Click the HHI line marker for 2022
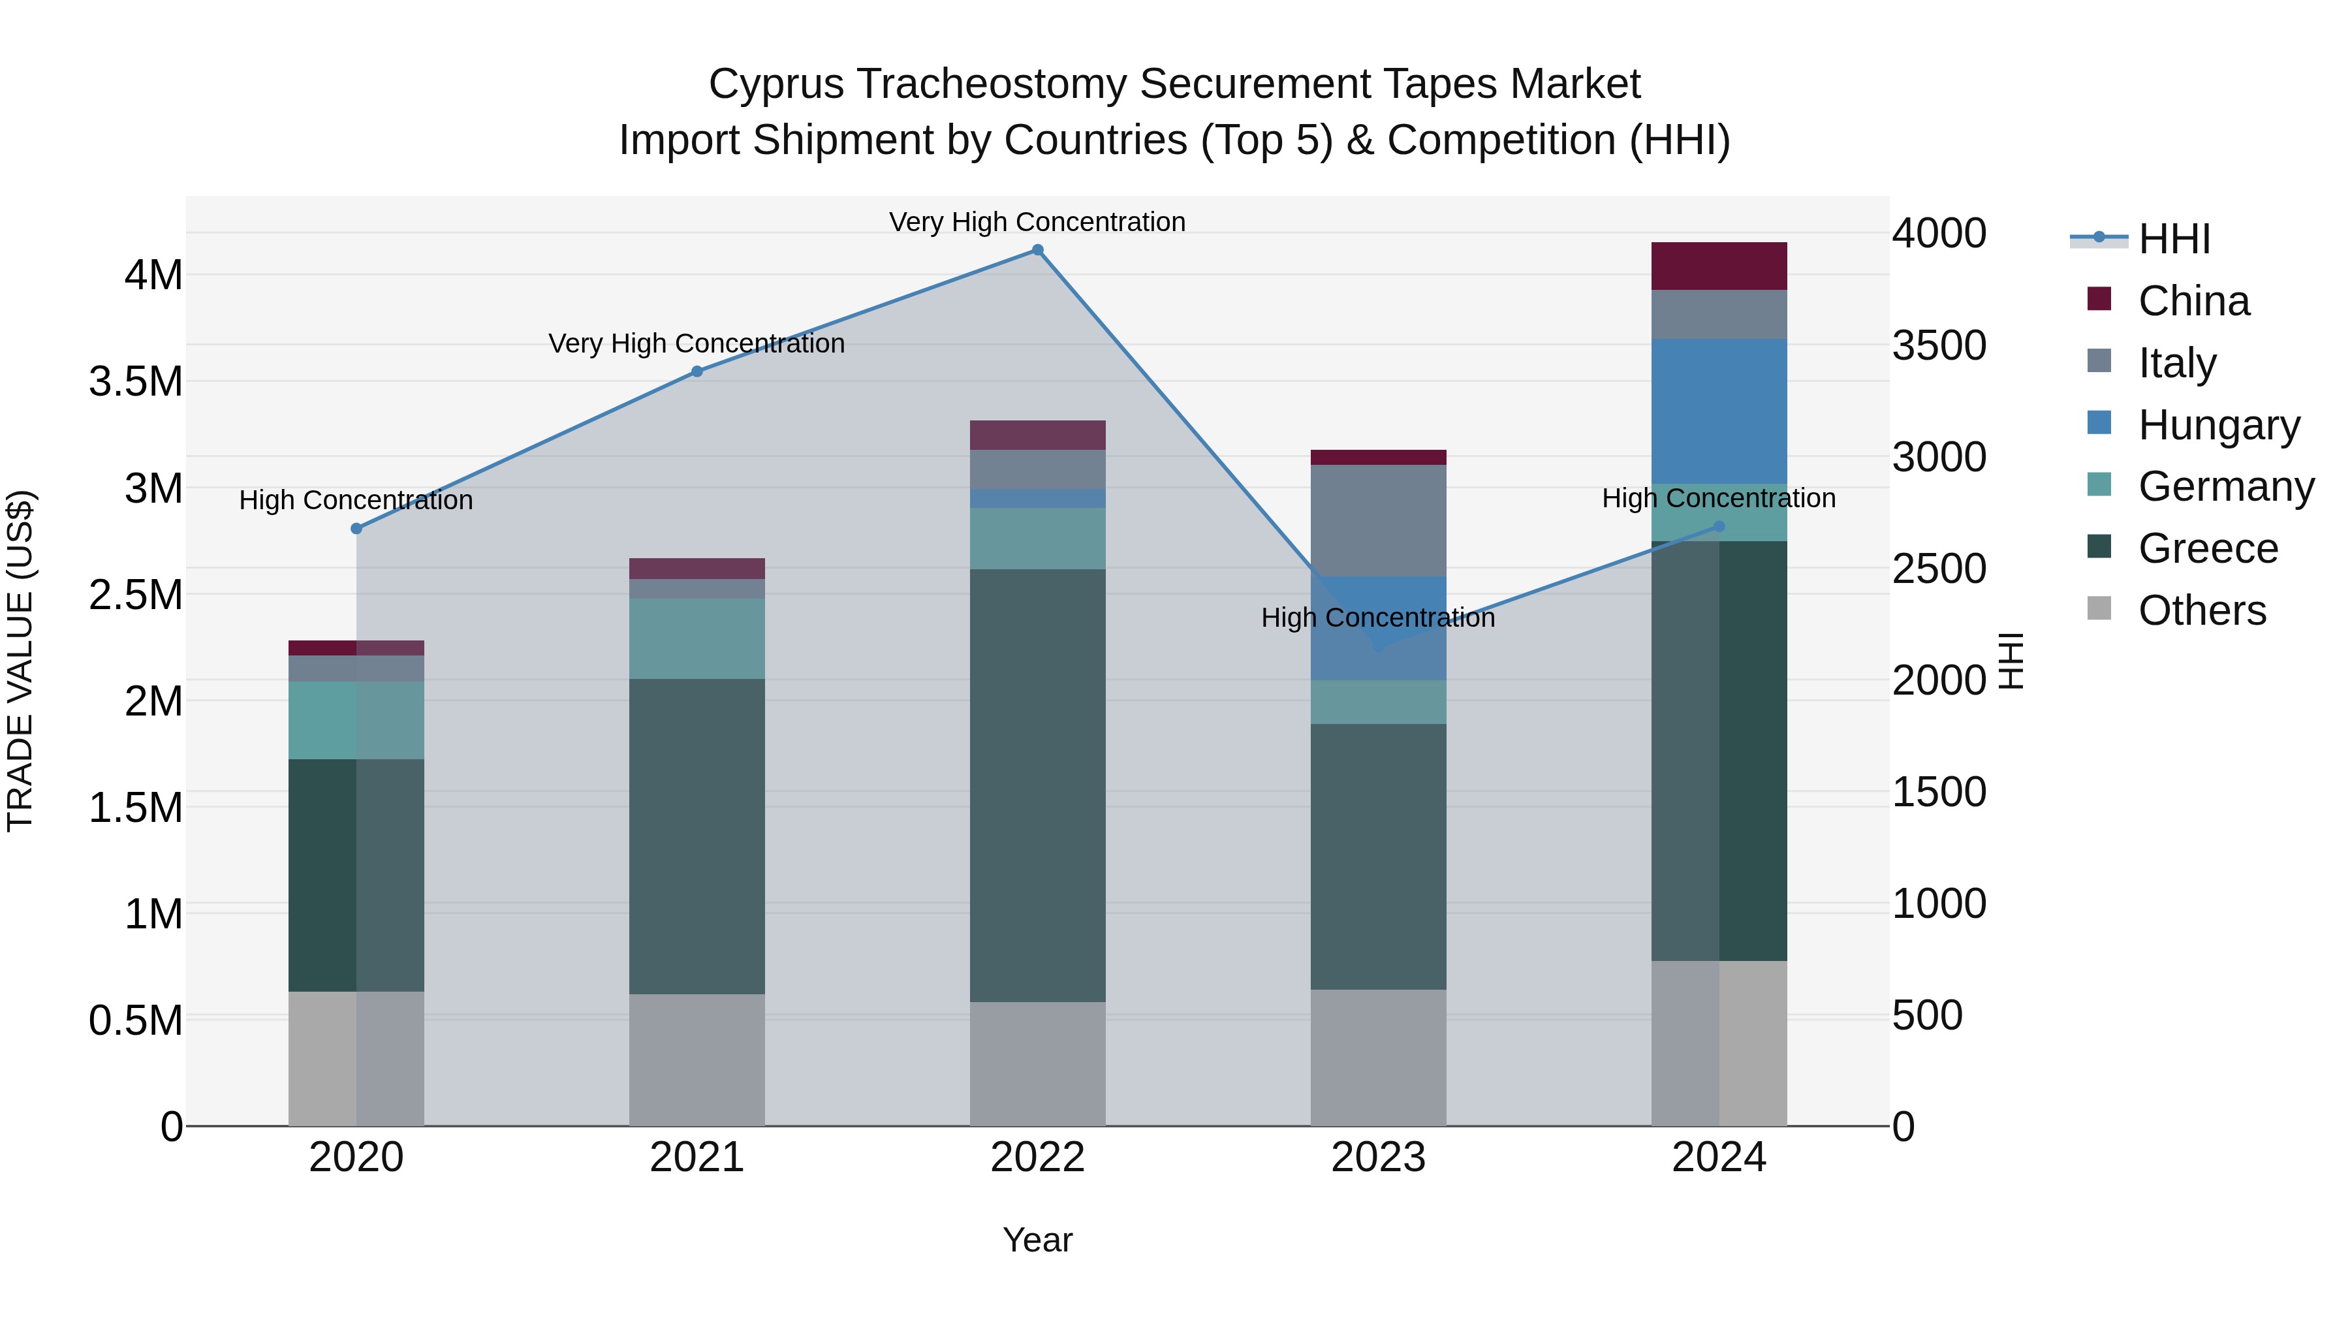[1037, 250]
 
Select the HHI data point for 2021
[697, 371]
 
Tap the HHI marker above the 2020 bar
[356, 528]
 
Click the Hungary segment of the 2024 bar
[1719, 411]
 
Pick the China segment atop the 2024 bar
[1719, 266]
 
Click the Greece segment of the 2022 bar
[1037, 785]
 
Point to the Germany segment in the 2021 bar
[697, 638]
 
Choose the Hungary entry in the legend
[2219, 425]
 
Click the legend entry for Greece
[2208, 548]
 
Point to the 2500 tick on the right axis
[1939, 569]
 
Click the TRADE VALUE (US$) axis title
[20, 661]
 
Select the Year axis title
[1037, 1240]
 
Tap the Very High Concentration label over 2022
[1037, 222]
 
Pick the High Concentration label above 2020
[356, 500]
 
